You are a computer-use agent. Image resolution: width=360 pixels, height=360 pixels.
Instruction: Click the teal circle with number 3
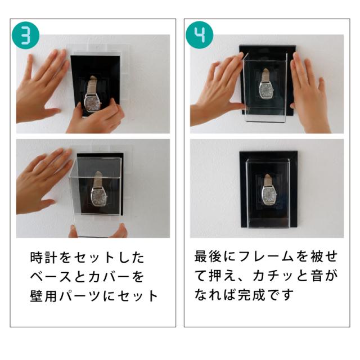pyautogui.click(x=25, y=35)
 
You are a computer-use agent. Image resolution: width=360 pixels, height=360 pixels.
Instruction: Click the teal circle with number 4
pyautogui.click(x=199, y=35)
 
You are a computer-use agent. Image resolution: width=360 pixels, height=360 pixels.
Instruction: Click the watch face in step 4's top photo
pyautogui.click(x=267, y=89)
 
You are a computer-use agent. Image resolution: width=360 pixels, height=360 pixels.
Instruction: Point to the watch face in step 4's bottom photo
pyautogui.click(x=269, y=195)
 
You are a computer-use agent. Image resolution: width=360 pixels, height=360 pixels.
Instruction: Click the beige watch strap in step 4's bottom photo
pyautogui.click(x=268, y=180)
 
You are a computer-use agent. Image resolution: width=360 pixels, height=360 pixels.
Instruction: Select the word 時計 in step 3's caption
pyautogui.click(x=43, y=258)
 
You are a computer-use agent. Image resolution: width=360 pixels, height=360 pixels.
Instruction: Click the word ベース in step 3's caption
pyautogui.click(x=51, y=277)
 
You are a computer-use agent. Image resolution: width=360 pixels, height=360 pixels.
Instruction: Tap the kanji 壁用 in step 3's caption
pyautogui.click(x=43, y=296)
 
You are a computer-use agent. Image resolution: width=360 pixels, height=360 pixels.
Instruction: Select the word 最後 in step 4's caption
pyautogui.click(x=208, y=256)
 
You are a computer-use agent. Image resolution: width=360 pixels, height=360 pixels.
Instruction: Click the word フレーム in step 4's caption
pyautogui.click(x=267, y=256)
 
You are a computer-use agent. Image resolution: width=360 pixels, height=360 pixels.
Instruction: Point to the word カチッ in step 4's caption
pyautogui.click(x=273, y=276)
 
